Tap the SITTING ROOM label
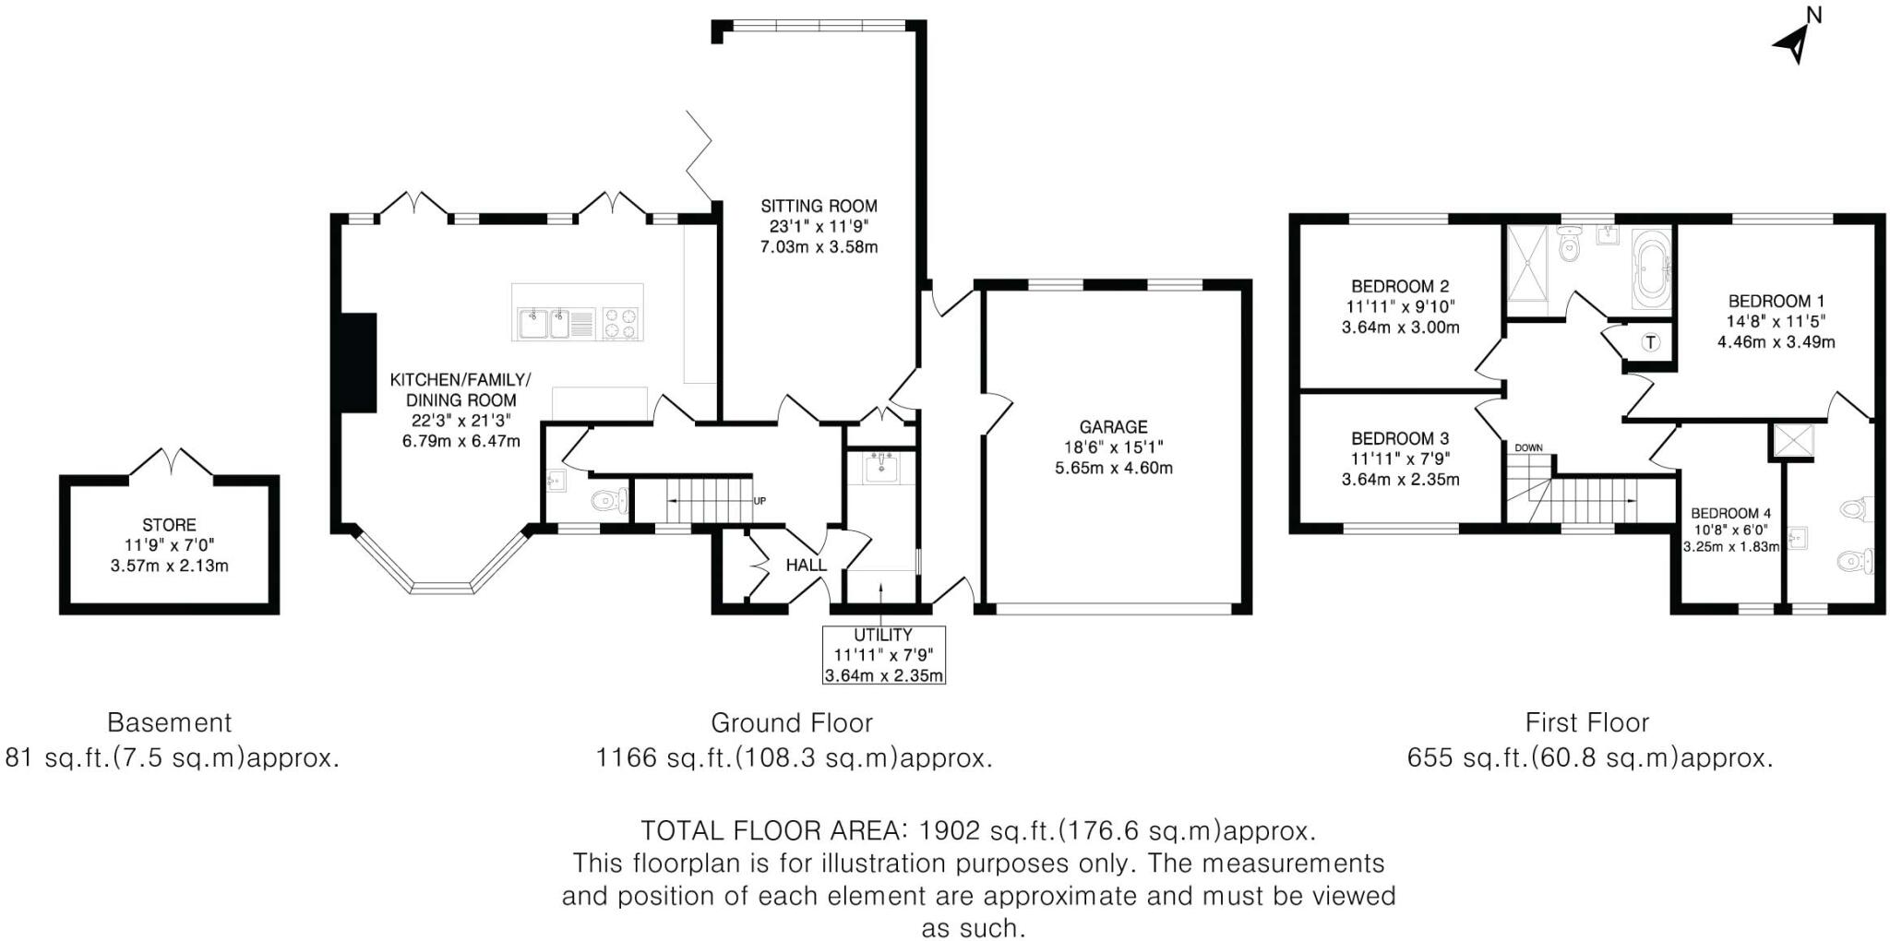click(819, 206)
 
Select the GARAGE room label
click(1113, 427)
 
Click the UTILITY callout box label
click(883, 636)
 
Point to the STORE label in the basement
click(169, 525)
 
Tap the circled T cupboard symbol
click(1651, 343)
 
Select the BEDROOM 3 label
click(1400, 438)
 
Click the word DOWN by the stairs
click(1528, 448)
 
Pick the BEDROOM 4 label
click(1730, 513)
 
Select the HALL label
click(807, 566)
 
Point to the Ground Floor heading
click(791, 722)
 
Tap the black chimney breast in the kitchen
click(358, 362)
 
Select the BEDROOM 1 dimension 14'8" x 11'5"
click(1776, 321)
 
